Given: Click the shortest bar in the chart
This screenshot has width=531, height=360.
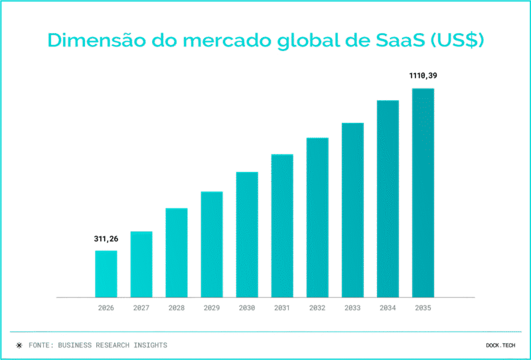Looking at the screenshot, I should (106, 274).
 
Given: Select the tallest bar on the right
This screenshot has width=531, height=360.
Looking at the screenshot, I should (423, 193).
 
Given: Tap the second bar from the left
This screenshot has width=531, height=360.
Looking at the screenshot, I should (141, 264).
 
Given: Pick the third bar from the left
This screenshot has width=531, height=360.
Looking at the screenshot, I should (177, 252).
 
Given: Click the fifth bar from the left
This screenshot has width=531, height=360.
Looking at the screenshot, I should (247, 234).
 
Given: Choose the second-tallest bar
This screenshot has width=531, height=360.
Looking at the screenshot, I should (388, 199).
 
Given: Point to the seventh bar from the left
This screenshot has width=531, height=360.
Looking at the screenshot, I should (317, 217).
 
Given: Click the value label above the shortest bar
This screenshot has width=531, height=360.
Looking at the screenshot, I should (106, 239).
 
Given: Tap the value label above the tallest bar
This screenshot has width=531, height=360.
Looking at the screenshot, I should (423, 76).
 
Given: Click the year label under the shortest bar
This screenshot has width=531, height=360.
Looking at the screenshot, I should (106, 308).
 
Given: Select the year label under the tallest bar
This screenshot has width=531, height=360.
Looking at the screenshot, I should (423, 308).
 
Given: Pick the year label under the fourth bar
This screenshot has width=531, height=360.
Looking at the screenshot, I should (212, 308).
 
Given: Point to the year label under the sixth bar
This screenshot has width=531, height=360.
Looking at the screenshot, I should (282, 308).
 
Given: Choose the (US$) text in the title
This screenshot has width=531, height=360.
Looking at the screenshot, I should (459, 40).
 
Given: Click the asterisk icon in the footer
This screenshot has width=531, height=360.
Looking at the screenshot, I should (19, 345).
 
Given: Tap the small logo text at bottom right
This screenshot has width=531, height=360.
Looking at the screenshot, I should (500, 345).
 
